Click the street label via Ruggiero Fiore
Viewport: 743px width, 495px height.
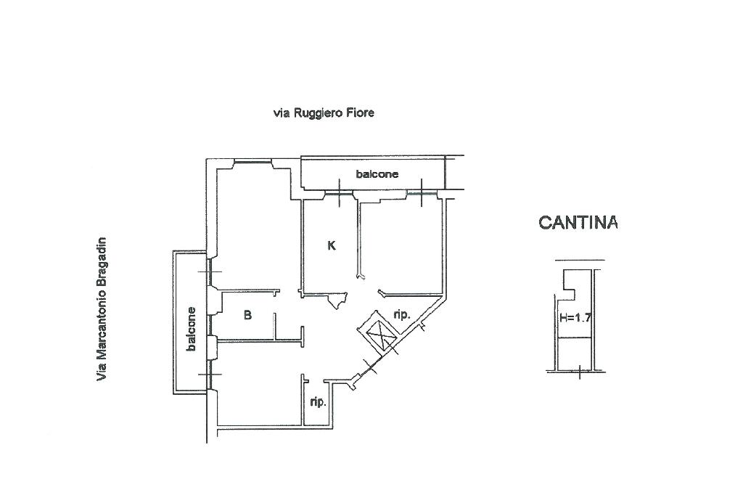(x=324, y=113)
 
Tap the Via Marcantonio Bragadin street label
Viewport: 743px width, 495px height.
(x=102, y=308)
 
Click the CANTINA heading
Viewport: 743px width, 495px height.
(x=578, y=223)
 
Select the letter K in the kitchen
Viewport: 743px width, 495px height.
(x=332, y=245)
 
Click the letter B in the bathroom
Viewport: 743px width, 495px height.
(x=247, y=315)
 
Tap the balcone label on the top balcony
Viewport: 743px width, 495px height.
(x=377, y=174)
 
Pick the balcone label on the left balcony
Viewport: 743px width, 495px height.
(x=192, y=329)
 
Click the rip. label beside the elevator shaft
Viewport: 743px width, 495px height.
(x=403, y=315)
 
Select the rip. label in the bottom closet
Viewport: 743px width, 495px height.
(x=317, y=401)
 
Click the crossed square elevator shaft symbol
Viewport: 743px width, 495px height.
(x=379, y=335)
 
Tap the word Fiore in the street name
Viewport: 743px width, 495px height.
(x=361, y=113)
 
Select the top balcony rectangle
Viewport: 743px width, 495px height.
(x=373, y=174)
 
